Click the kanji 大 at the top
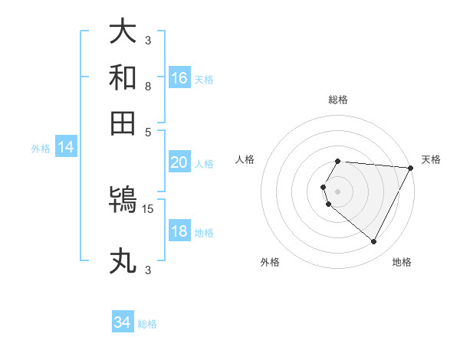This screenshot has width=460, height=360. point(123,32)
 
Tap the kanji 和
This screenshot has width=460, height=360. point(123,77)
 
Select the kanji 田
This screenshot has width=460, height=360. point(123,123)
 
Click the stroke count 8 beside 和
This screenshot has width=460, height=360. point(147,86)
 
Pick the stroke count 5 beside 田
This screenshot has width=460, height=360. point(148,131)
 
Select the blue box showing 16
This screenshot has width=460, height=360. point(179,78)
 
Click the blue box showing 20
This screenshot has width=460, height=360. point(179,162)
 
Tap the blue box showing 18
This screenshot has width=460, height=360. point(179,231)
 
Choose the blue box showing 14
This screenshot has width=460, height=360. point(65,148)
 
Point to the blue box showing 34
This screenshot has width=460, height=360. point(122,322)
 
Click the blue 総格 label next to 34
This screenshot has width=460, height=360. point(147,324)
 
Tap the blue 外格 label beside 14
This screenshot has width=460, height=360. point(41,149)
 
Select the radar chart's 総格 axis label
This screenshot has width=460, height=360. point(338,100)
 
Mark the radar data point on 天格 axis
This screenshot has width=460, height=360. point(411,168)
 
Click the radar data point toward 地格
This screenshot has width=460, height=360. point(374,242)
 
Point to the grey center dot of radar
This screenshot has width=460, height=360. point(338,191)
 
